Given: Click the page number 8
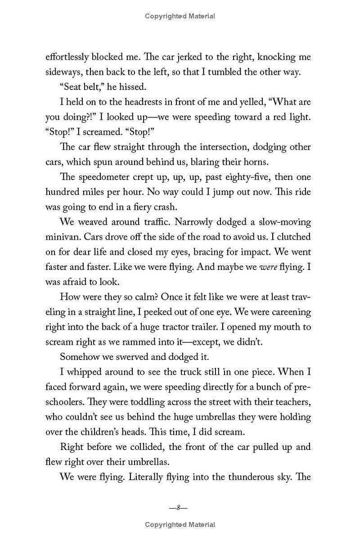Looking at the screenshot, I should (x=178, y=508).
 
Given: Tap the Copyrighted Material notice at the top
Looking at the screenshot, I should (x=180, y=16).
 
